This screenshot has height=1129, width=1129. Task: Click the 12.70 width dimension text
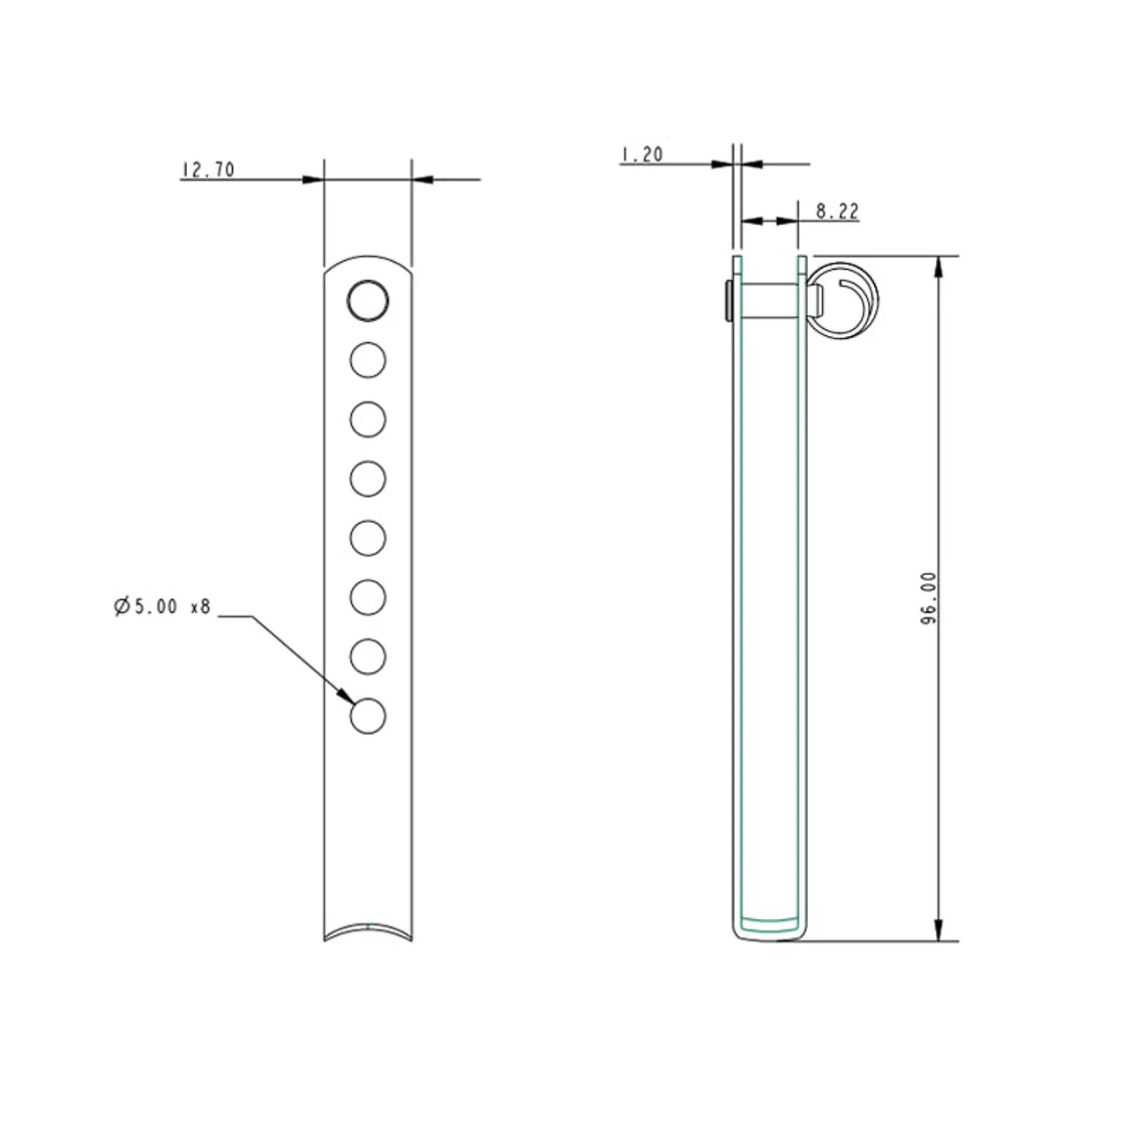coord(208,170)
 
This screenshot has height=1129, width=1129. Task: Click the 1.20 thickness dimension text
coord(643,154)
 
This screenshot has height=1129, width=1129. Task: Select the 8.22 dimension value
coord(837,211)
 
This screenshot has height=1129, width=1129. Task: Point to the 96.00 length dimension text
coord(929,598)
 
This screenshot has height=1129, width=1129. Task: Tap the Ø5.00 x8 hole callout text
coord(162,606)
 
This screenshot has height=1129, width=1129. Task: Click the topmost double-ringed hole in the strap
coord(367,301)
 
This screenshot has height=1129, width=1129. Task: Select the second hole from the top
coord(367,360)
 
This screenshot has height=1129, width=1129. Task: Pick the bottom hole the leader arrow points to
coord(367,716)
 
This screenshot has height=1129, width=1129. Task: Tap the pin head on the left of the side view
coord(729,301)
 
